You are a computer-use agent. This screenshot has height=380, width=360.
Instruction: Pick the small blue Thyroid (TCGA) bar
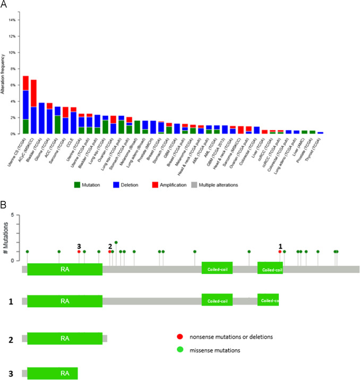pos(320,133)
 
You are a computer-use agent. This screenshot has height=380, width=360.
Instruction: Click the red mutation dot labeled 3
pos(79,251)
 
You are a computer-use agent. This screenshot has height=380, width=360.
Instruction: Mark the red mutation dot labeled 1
pos(280,251)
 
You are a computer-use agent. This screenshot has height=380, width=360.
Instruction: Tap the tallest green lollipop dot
pos(116,242)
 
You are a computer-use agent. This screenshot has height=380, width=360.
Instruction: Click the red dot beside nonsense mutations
pos(180,336)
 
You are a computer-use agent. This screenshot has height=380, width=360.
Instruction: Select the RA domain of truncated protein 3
pos(52,371)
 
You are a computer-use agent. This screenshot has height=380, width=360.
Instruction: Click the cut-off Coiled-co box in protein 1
pos(268,301)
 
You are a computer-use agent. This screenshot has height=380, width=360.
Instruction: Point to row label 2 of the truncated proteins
pos(11,339)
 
